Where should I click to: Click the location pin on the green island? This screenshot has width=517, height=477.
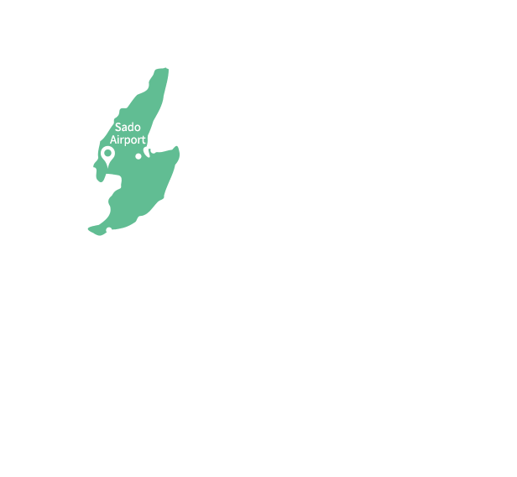(107, 156)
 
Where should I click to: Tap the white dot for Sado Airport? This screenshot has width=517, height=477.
(138, 156)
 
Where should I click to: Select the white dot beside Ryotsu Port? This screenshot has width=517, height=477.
(154, 150)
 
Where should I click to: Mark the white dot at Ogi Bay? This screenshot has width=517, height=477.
(109, 230)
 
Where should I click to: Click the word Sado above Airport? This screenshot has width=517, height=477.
(128, 127)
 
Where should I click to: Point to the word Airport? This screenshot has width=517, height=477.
(128, 139)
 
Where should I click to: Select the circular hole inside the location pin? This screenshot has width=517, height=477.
(107, 154)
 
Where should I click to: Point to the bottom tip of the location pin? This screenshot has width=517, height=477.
(107, 165)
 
